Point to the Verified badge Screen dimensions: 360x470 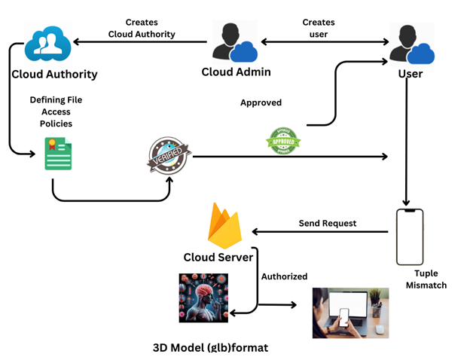[x=169, y=156]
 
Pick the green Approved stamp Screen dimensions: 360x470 [x=283, y=140]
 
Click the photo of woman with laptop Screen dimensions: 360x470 [x=350, y=313]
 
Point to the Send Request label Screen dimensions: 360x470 [x=327, y=223]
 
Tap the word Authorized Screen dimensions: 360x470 [x=284, y=276]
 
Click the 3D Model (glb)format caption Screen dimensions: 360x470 [x=210, y=348]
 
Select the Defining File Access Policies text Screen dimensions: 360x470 [x=56, y=111]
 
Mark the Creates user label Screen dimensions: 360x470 [x=319, y=28]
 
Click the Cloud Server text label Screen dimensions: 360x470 [x=219, y=258]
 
